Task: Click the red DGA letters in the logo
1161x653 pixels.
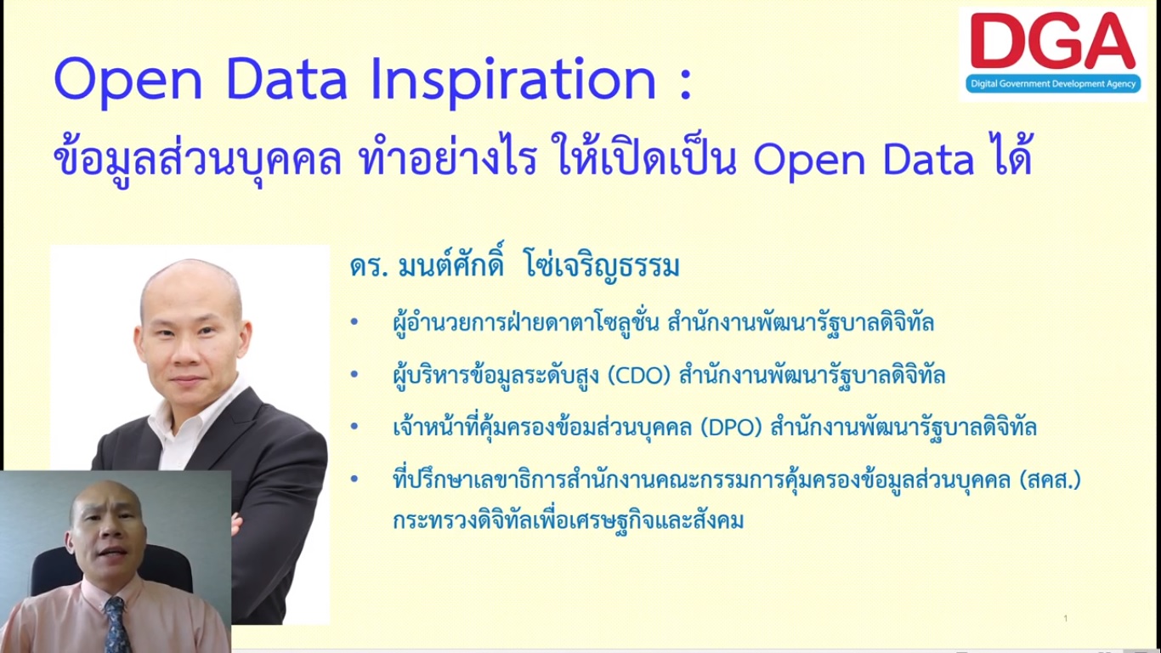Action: (1053, 41)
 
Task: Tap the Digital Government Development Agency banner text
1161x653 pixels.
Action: (1053, 83)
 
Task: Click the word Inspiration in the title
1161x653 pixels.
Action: (514, 80)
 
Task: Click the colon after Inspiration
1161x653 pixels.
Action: (686, 84)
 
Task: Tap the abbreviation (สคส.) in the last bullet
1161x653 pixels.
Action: (1050, 480)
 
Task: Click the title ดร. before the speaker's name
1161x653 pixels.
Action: (369, 268)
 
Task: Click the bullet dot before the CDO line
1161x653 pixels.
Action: (354, 374)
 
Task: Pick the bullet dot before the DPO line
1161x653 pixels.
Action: (354, 427)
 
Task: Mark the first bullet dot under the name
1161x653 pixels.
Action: (354, 322)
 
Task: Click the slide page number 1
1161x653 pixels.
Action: (1066, 618)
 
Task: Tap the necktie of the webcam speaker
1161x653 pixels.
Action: (116, 625)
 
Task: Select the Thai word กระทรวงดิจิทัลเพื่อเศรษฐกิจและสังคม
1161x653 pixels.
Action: (568, 520)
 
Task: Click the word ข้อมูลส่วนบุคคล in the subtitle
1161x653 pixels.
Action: (197, 160)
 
